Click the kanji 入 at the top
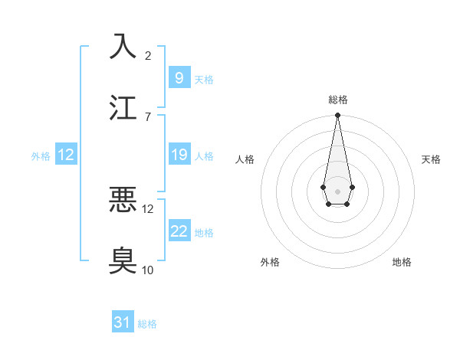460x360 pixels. click(123, 46)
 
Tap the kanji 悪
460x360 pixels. click(123, 199)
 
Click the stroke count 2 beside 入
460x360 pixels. click(148, 55)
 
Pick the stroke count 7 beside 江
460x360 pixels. click(148, 116)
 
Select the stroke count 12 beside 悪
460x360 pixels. click(149, 208)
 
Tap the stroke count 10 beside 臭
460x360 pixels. click(148, 270)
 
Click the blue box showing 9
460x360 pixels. click(179, 78)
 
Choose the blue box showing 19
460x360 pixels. click(179, 155)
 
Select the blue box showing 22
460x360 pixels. click(179, 231)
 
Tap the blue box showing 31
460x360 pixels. click(123, 323)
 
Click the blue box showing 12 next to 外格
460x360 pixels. click(66, 155)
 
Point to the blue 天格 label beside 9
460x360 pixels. click(203, 79)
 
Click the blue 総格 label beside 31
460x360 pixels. click(147, 324)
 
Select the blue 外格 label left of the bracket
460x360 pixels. click(41, 155)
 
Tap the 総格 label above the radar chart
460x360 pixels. click(337, 100)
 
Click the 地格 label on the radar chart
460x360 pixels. click(402, 262)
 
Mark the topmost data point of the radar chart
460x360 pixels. click(337, 115)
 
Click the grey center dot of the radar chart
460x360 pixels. click(337, 190)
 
